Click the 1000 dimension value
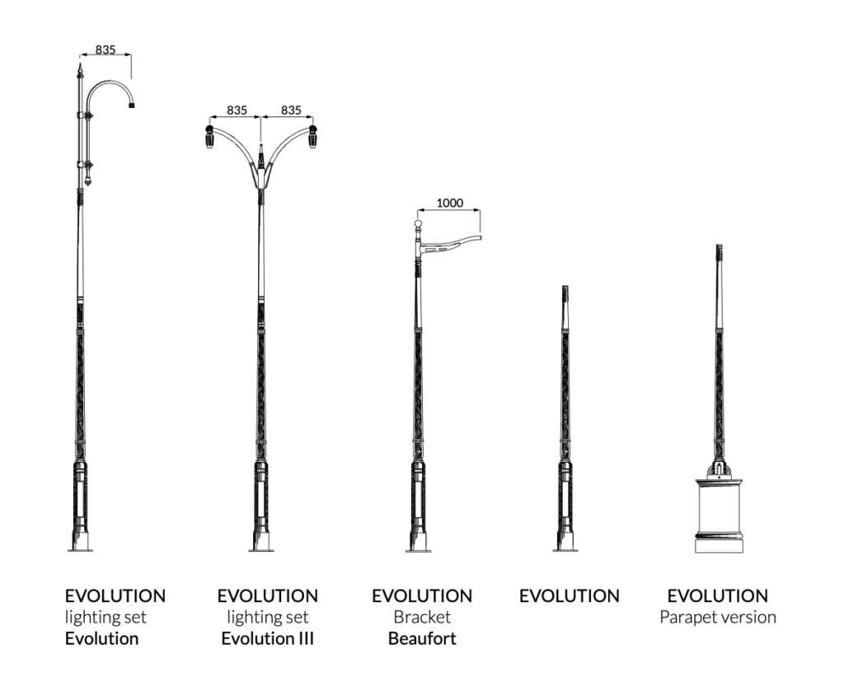[x=449, y=203]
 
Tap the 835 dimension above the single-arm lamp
[x=105, y=49]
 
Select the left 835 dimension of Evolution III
[x=237, y=110]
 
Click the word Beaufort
[x=422, y=638]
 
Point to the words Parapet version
[x=717, y=617]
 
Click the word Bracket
[x=422, y=617]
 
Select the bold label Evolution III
[x=267, y=638]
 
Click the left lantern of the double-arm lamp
[x=209, y=138]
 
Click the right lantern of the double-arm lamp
[x=313, y=138]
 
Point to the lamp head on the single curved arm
[x=132, y=105]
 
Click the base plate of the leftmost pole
[x=80, y=548]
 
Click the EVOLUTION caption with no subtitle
[x=569, y=595]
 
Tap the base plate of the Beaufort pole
[x=418, y=548]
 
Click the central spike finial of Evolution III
[x=261, y=153]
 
